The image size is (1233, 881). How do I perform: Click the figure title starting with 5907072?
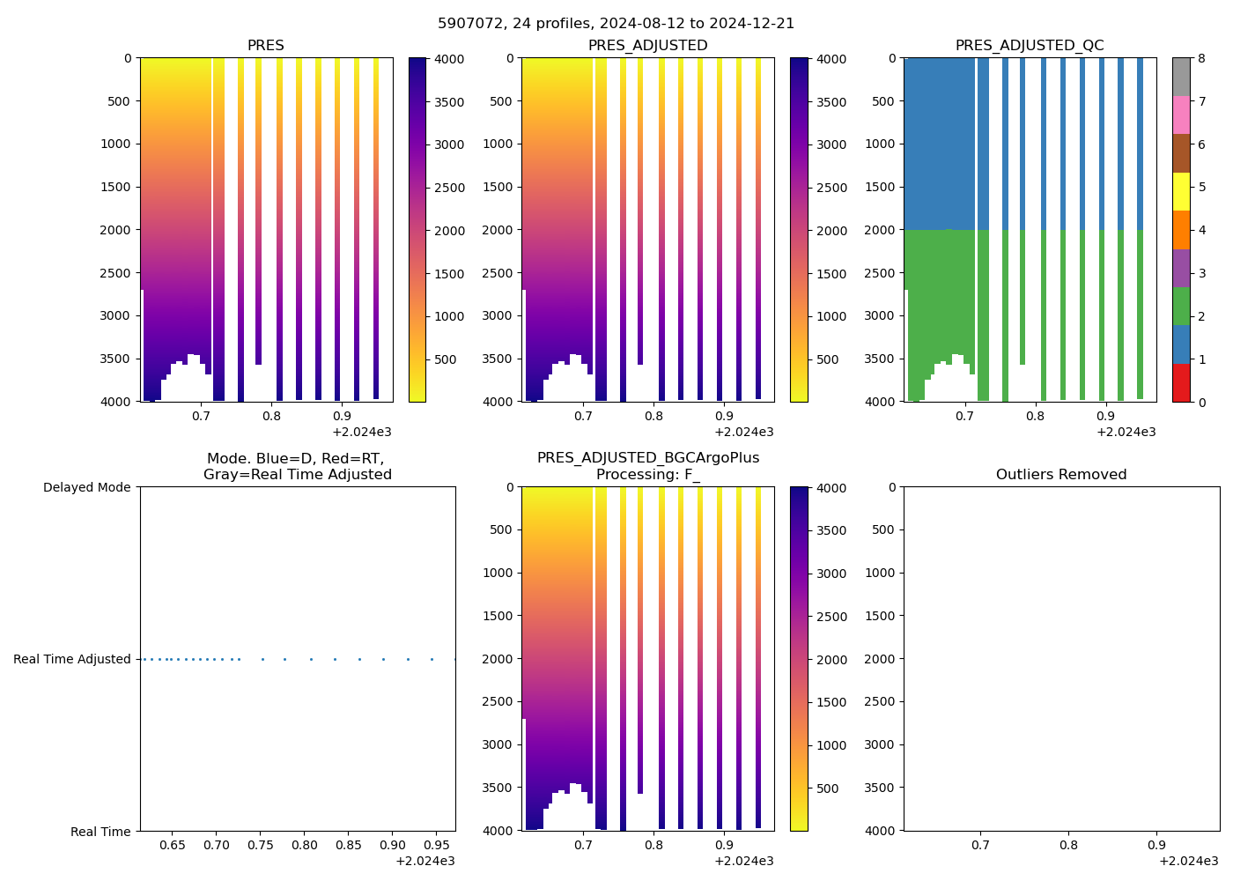click(616, 24)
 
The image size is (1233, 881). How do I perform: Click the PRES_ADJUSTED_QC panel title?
click(1030, 46)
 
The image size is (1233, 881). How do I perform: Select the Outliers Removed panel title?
click(1061, 475)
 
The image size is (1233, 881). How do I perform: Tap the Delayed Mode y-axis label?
click(86, 487)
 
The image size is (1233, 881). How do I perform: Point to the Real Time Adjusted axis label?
click(71, 659)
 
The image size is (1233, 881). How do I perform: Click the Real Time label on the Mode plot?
click(100, 832)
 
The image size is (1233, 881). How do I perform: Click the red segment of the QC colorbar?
click(1181, 383)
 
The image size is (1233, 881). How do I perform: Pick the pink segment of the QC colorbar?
click(1181, 115)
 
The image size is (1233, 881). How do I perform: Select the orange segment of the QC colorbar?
click(1181, 230)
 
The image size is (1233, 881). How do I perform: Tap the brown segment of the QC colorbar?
click(1181, 153)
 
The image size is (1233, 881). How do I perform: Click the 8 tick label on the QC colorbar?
click(1202, 59)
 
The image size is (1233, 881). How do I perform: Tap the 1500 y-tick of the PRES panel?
click(116, 187)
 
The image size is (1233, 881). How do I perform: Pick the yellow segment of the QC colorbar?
click(1181, 192)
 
